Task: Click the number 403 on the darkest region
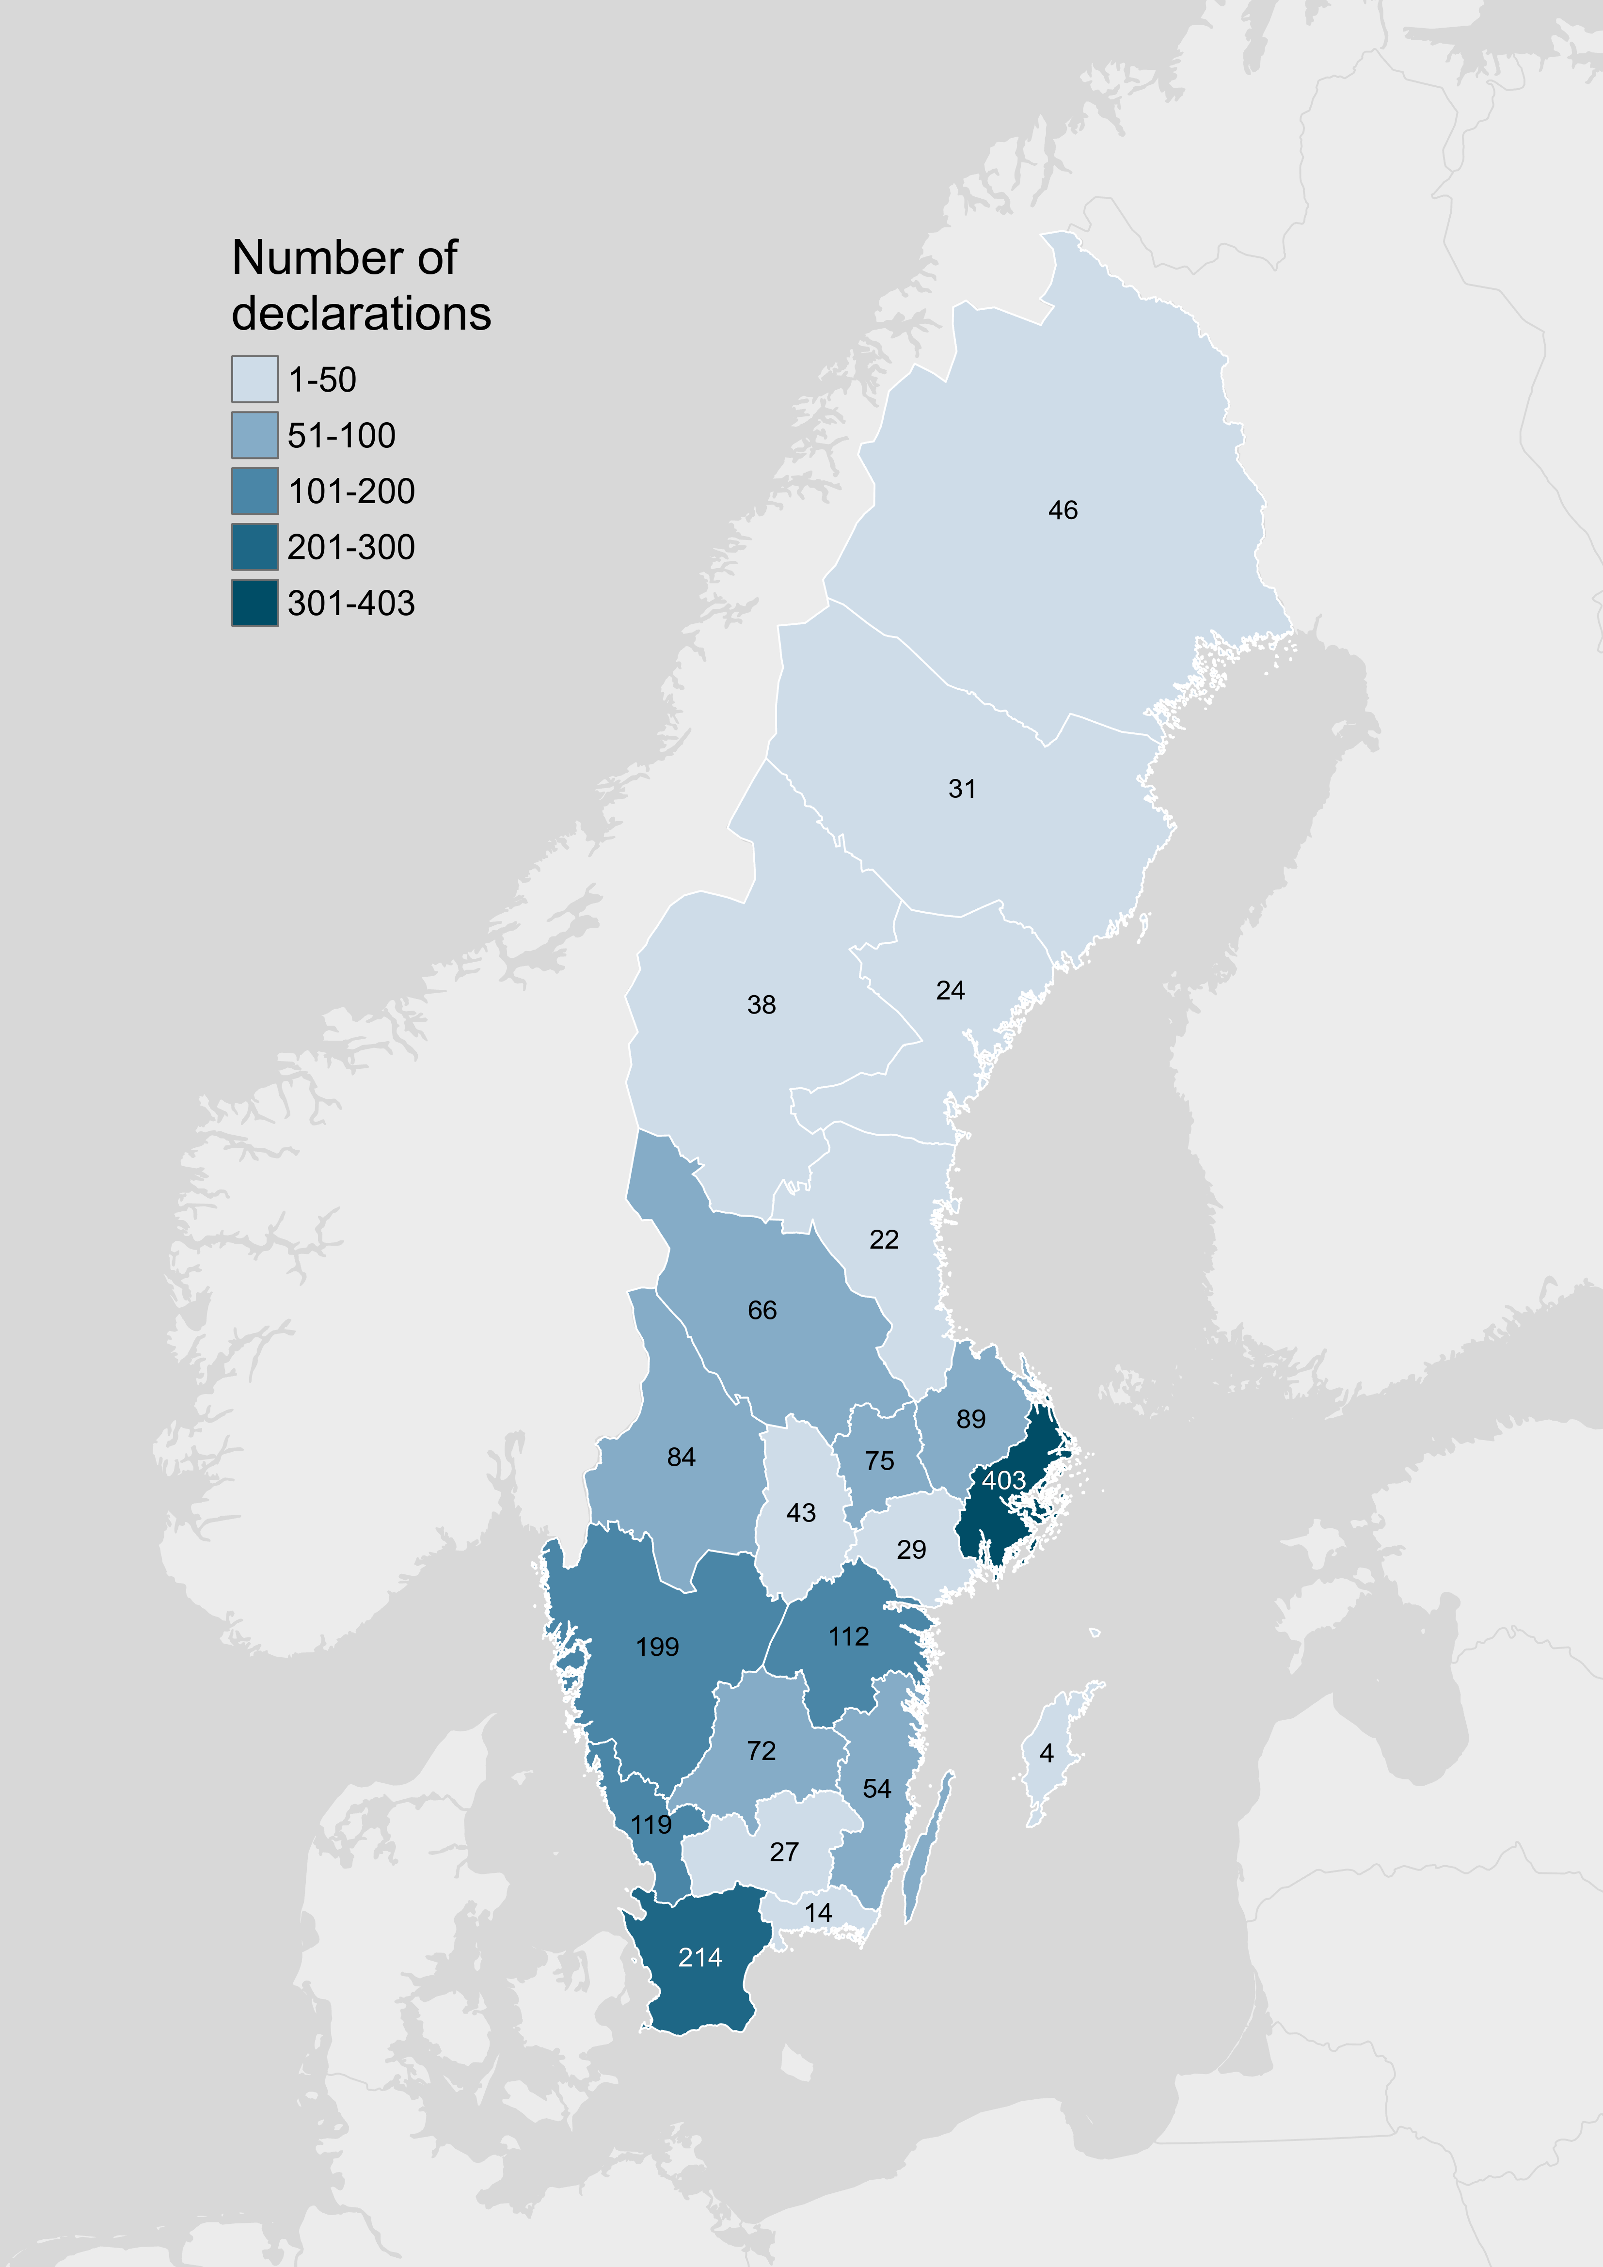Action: pos(1003,1480)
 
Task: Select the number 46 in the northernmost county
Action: pos(1063,510)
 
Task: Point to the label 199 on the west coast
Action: pos(657,1647)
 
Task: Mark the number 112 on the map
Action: pos(848,1636)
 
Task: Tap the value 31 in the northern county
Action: pos(962,789)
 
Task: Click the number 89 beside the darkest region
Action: pos(971,1419)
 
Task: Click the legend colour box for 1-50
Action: pos(255,379)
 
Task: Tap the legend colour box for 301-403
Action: pos(255,602)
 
